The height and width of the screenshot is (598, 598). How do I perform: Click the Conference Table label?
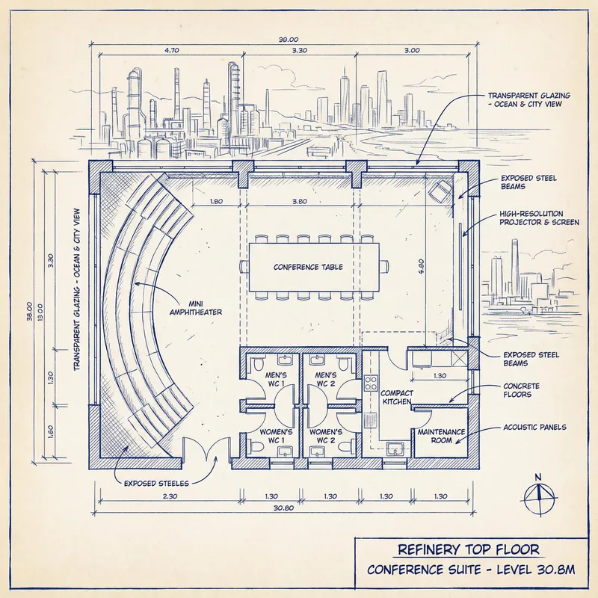(x=308, y=266)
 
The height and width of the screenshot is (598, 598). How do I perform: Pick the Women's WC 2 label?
(x=326, y=437)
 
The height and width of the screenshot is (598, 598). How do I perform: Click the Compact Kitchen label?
(x=396, y=397)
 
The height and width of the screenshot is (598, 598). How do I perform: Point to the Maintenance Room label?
(x=441, y=437)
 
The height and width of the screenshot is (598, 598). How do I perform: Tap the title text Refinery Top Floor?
(x=469, y=549)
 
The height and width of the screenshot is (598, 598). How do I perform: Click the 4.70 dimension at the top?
(x=171, y=52)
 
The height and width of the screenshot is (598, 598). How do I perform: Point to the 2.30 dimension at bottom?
(x=170, y=496)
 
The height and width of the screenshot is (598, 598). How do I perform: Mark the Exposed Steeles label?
(x=156, y=483)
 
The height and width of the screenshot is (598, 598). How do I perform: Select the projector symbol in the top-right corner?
(x=439, y=190)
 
